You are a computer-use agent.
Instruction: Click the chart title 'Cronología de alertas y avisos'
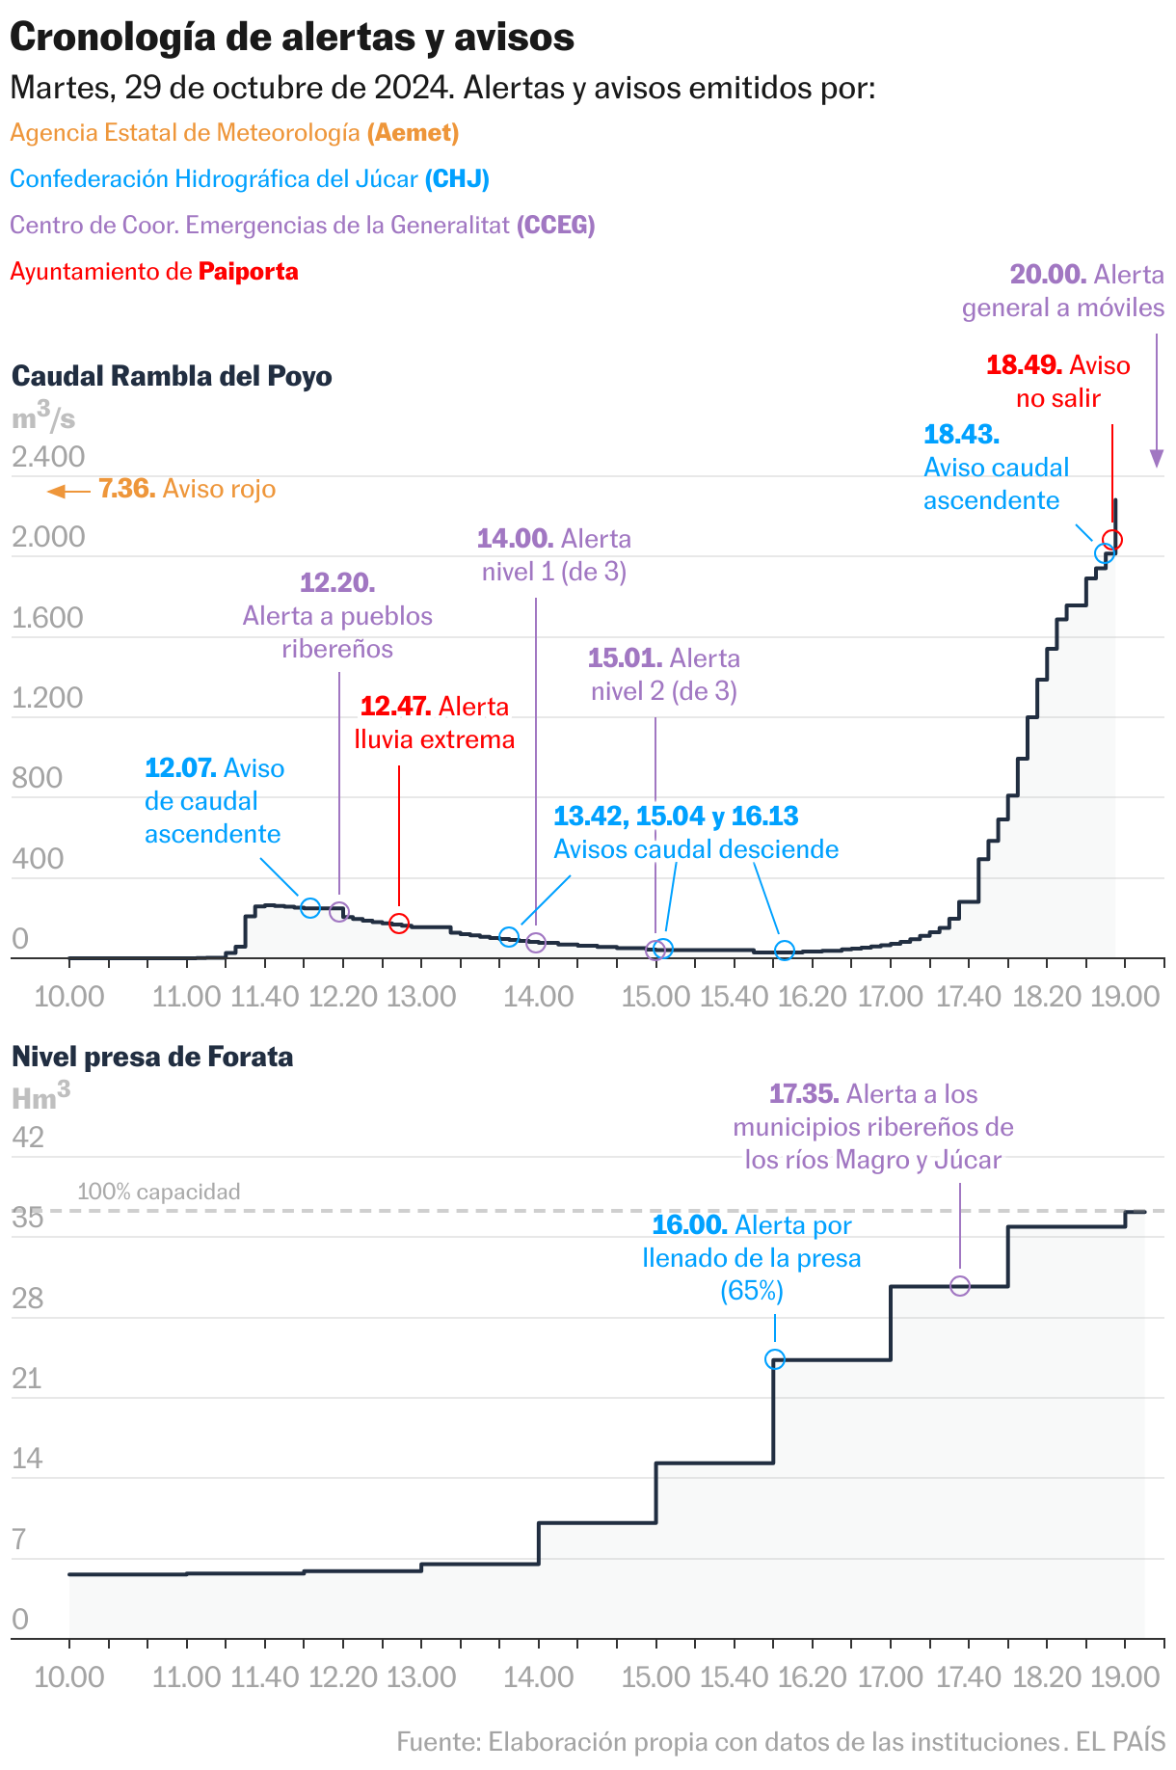tap(292, 37)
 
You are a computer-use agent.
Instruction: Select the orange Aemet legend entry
tap(234, 133)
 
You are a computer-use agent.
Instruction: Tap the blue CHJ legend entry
tap(250, 179)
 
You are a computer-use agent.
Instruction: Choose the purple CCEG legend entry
tap(302, 226)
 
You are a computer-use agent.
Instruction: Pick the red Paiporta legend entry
tap(154, 272)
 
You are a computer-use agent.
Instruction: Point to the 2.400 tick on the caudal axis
tap(48, 457)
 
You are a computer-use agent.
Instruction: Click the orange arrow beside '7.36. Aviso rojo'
tap(67, 492)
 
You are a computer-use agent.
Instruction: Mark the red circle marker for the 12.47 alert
tap(399, 924)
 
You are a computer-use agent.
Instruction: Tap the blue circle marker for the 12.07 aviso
tap(309, 907)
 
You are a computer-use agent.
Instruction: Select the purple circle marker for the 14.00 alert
tap(536, 943)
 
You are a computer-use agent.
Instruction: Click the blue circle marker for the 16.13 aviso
tap(785, 952)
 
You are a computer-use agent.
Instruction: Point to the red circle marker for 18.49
tap(1112, 540)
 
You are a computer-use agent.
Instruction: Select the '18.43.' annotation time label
tap(961, 435)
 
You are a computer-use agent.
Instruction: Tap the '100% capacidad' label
tap(159, 1193)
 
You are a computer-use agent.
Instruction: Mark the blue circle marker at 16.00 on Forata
tap(774, 1359)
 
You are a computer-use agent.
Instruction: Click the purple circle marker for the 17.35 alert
tap(960, 1286)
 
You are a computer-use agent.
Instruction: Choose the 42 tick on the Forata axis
tap(28, 1138)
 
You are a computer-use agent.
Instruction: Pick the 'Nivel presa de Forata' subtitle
tap(152, 1058)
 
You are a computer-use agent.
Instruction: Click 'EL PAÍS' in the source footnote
tap(1120, 1742)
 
